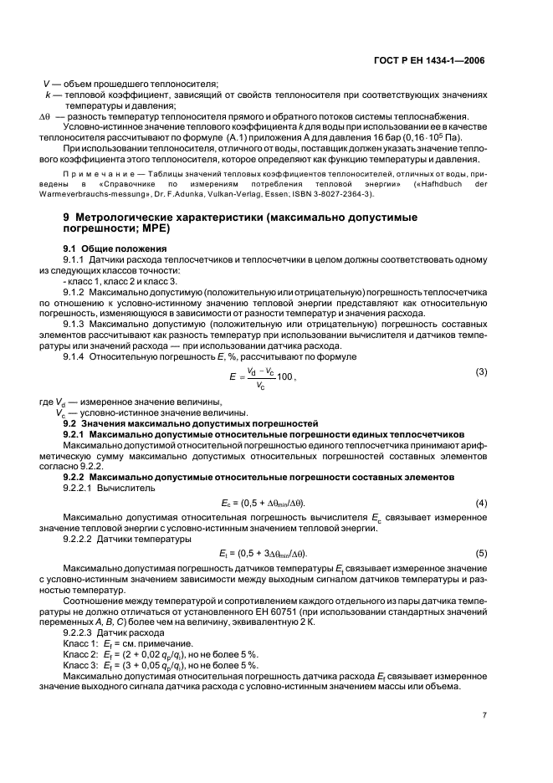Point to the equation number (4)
[481, 502]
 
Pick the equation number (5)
[481, 553]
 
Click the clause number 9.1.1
[77, 260]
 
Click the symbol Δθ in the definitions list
[47, 116]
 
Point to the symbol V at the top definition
[47, 84]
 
